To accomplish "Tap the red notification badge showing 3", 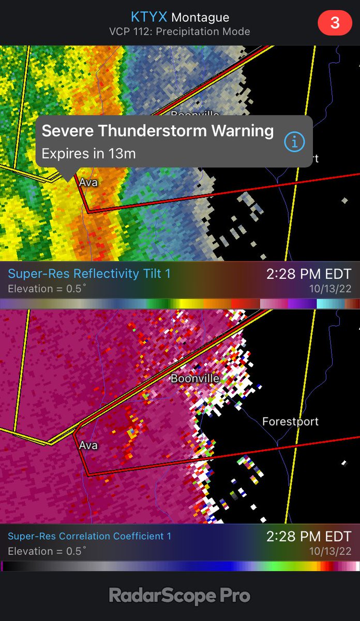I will coord(335,23).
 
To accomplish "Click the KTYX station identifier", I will coord(149,18).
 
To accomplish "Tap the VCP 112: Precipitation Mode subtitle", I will coord(180,32).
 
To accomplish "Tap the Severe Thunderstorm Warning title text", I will coord(157,131).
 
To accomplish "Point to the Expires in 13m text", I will coord(88,154).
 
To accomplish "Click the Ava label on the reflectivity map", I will coord(88,182).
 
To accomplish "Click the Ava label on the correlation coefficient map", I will coord(88,445).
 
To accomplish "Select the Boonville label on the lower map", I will coord(195,378).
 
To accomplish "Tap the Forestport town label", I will coord(290,422).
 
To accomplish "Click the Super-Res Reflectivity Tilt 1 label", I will coord(89,273).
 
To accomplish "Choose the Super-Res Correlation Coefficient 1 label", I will coord(89,536).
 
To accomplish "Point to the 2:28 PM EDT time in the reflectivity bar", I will coord(308,274).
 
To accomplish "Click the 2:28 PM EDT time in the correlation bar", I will coord(308,537).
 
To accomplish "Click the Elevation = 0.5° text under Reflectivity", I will coord(45,289).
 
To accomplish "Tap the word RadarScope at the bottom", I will coord(162,596).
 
